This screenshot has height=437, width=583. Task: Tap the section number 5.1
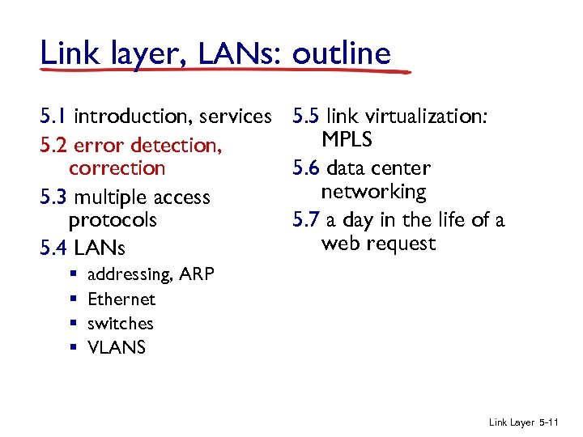[53, 117]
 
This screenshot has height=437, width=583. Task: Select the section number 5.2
[54, 146]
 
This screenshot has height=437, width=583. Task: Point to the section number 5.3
[54, 197]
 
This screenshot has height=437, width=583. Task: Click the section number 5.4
[54, 248]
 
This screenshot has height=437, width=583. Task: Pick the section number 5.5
[307, 117]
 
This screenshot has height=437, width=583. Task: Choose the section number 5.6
[307, 169]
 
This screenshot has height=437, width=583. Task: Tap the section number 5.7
[306, 220]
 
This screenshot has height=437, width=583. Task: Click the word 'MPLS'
[347, 140]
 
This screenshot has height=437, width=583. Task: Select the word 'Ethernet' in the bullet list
[121, 299]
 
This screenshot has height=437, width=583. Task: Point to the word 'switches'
[120, 324]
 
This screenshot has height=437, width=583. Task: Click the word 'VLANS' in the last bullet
[117, 348]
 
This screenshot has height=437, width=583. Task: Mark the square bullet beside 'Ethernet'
[72, 299]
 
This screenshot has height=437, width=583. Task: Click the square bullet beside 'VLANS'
[72, 348]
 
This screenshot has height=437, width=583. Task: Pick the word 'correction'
[117, 168]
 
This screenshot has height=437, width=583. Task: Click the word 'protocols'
[113, 220]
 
